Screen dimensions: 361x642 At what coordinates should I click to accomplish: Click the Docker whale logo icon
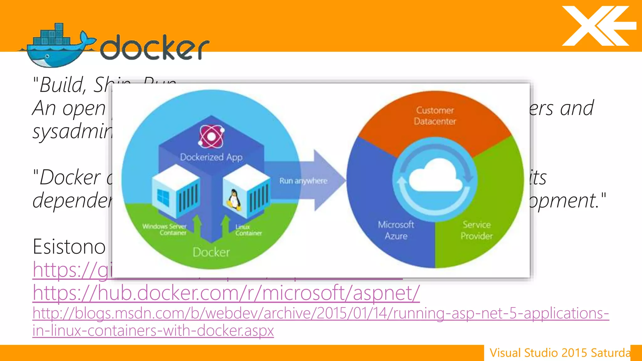56,47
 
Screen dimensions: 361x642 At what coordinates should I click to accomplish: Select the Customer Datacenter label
435,116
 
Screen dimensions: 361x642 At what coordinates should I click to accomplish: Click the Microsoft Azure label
396,230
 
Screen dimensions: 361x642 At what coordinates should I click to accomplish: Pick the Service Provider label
476,230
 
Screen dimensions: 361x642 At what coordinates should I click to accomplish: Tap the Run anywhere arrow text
303,181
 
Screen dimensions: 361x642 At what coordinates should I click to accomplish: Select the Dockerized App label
211,157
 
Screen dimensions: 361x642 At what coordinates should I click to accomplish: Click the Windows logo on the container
163,197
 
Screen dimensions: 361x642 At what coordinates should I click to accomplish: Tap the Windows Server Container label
165,229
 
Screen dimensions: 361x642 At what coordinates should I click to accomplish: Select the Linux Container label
248,230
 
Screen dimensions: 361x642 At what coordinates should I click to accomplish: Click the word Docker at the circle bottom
211,252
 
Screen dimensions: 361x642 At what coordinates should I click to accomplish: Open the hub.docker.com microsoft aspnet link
226,293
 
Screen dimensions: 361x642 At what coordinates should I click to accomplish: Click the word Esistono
69,247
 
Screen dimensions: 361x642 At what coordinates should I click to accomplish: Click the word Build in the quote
63,85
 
